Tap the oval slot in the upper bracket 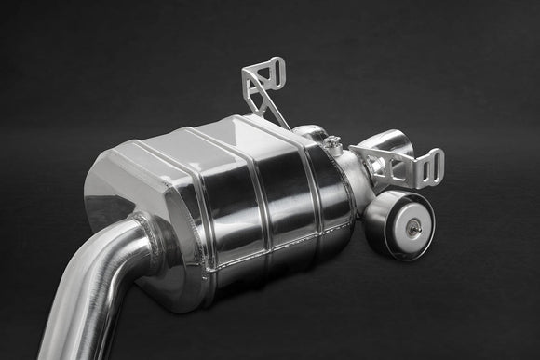tap(275, 70)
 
